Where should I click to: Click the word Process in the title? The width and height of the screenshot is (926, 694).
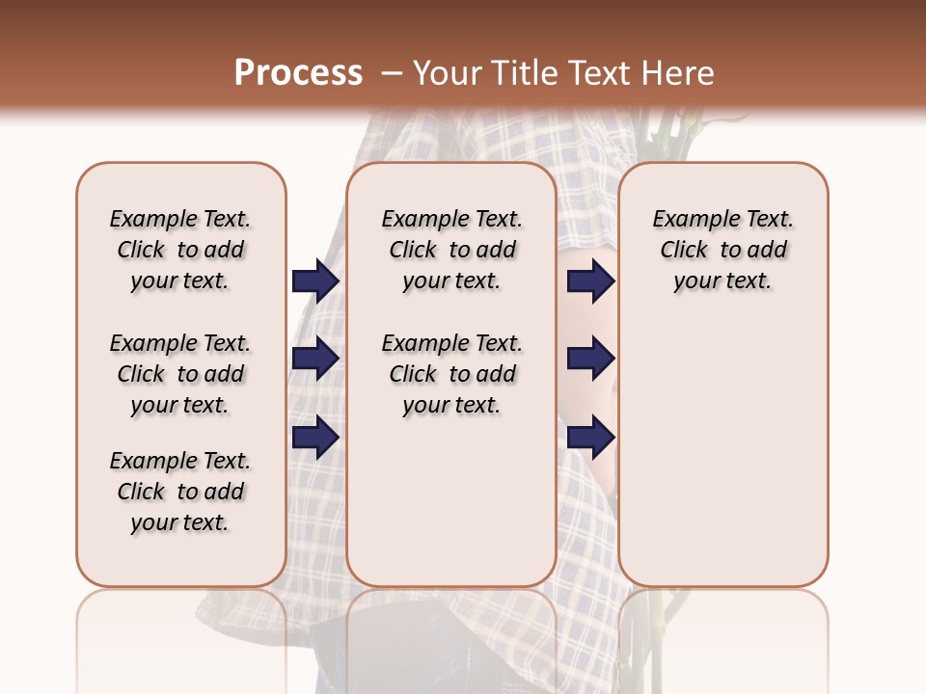[298, 73]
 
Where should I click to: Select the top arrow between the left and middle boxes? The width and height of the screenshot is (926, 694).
[315, 280]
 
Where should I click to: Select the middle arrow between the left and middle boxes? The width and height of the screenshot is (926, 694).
[315, 359]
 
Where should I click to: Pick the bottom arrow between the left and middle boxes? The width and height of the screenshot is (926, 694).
[315, 438]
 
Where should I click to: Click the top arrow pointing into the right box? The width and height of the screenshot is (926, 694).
[590, 280]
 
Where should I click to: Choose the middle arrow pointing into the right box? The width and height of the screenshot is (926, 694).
[590, 359]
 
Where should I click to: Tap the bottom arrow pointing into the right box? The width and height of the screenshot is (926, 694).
[590, 438]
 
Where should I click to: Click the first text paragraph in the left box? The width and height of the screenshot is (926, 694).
[180, 250]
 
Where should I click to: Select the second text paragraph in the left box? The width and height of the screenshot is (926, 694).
[180, 374]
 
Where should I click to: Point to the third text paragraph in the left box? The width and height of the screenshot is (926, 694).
[180, 492]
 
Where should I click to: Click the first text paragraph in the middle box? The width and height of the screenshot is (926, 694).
[451, 250]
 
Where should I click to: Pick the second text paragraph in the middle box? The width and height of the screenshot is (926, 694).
[451, 374]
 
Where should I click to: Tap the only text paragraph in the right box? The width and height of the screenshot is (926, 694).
[722, 250]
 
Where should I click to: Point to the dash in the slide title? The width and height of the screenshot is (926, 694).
[391, 73]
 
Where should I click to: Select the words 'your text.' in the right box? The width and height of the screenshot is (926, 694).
[722, 281]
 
